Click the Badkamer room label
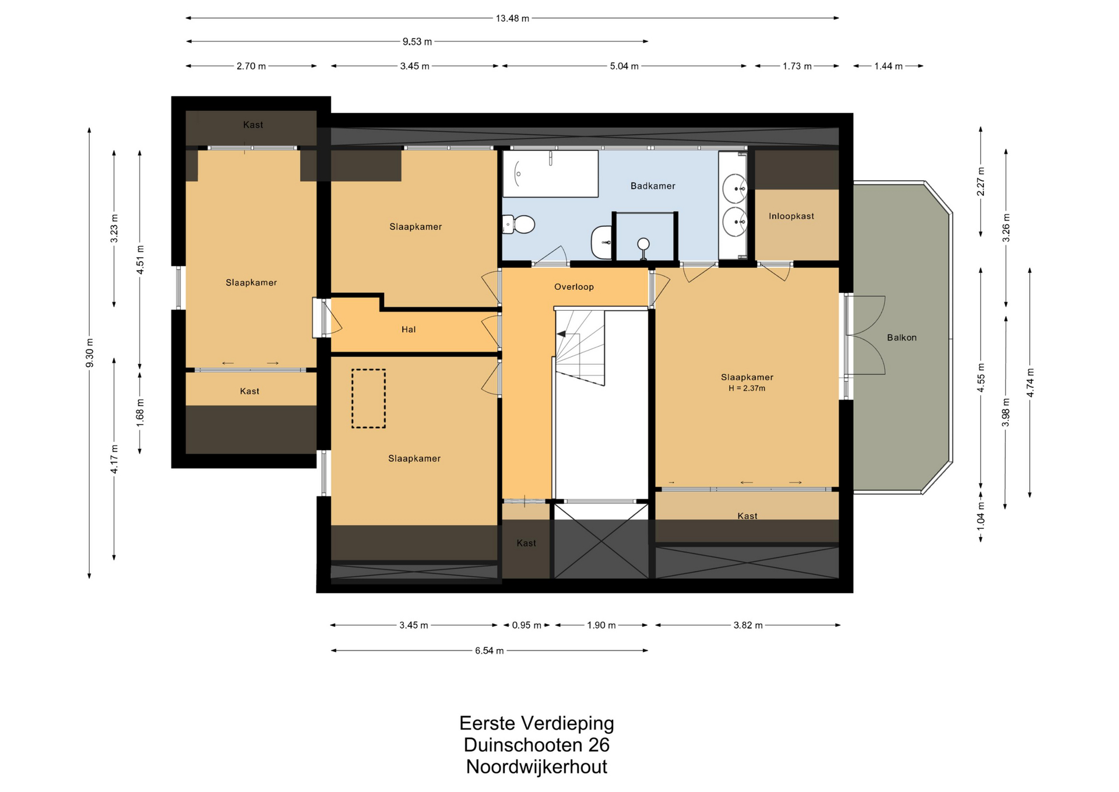click(653, 186)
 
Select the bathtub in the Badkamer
click(551, 174)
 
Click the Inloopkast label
click(791, 216)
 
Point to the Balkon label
click(902, 338)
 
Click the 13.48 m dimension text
click(512, 19)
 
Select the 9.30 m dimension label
click(90, 353)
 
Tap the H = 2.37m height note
click(747, 388)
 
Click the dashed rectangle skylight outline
click(368, 399)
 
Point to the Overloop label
click(573, 287)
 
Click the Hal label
click(409, 330)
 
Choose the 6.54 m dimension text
click(489, 651)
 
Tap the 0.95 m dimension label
click(526, 626)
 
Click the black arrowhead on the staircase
click(561, 334)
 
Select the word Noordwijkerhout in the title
click(536, 767)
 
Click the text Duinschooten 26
click(536, 745)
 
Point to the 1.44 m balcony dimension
click(888, 66)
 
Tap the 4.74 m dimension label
click(1030, 383)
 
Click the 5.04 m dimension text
click(624, 66)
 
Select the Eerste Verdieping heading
click(536, 723)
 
